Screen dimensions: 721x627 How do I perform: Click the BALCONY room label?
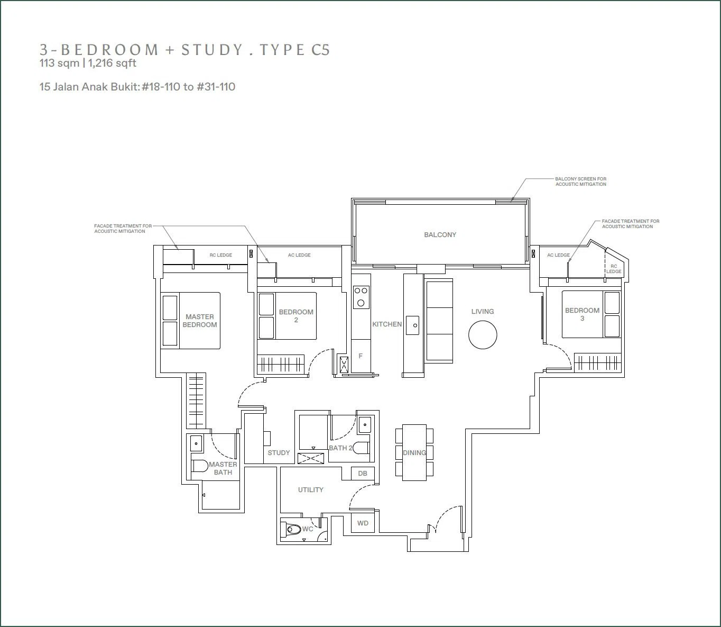coord(440,235)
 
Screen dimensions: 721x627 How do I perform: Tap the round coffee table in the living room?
coord(483,334)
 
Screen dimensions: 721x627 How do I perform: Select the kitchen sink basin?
coord(413,325)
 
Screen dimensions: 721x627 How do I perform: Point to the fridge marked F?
coord(361,356)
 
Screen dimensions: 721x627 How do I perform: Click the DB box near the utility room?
coord(363,473)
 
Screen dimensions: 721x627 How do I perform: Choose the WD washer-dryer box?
coord(363,523)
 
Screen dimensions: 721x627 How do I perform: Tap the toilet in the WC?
coord(292,529)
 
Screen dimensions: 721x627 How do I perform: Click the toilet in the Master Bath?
coord(200,466)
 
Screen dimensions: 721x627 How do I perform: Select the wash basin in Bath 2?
coord(365,425)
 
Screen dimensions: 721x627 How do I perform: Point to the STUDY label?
coord(279,453)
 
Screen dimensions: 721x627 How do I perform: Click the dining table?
coord(414,452)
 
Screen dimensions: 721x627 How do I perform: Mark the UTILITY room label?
coord(310,490)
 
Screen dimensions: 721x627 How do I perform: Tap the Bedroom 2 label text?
coord(296,316)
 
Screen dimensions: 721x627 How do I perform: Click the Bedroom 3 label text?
coord(582,314)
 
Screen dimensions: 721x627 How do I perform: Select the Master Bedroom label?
coord(200,321)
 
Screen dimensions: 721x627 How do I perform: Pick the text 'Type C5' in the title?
coord(294,50)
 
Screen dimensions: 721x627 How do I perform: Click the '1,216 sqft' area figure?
coord(112,63)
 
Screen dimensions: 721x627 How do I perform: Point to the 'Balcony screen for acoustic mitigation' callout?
coord(581,181)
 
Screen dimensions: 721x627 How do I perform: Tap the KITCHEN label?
coord(387,324)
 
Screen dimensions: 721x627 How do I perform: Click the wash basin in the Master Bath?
coord(196,443)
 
